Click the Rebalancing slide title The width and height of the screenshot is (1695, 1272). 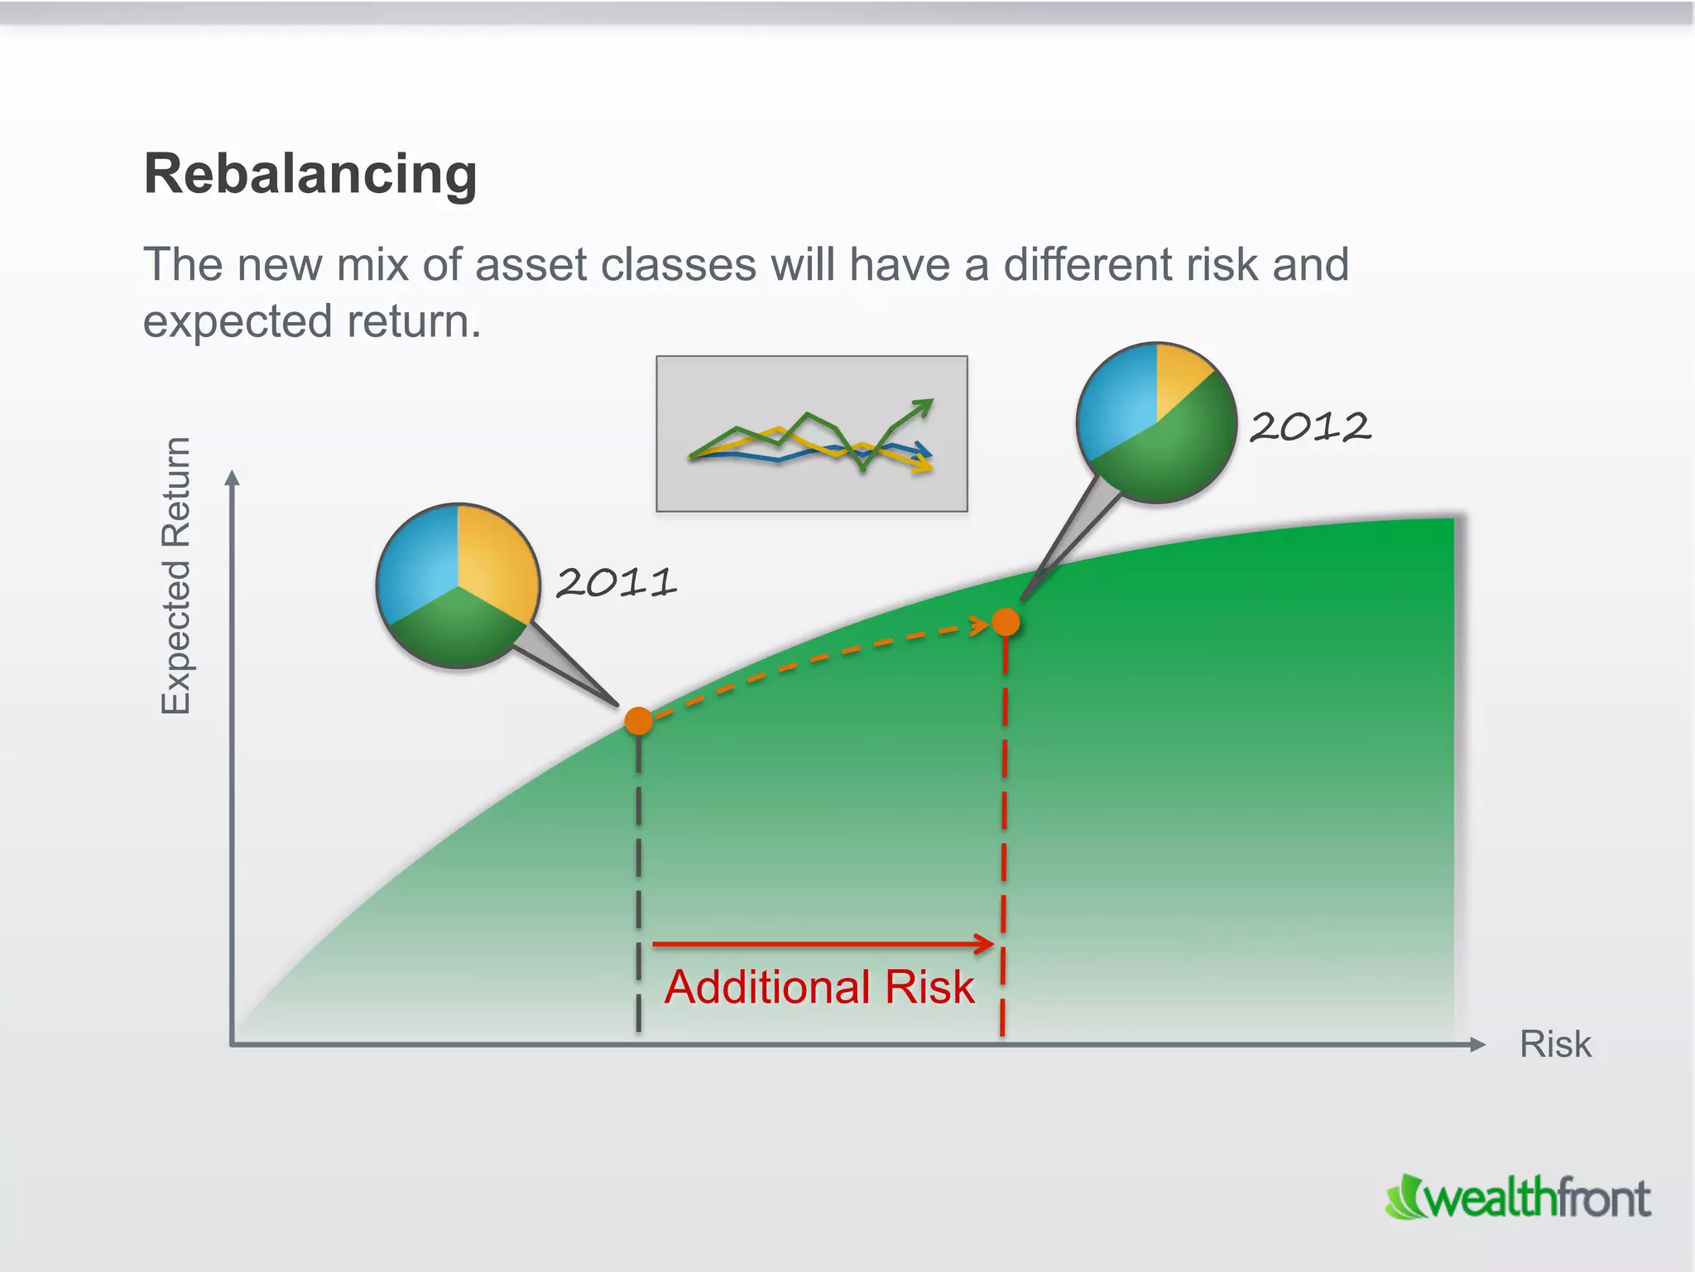(x=310, y=174)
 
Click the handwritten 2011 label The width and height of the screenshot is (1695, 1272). (x=616, y=582)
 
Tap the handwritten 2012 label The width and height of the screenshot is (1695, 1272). (x=1309, y=427)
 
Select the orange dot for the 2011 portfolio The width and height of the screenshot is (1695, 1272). (x=639, y=721)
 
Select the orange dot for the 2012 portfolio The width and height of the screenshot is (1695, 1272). (x=1006, y=621)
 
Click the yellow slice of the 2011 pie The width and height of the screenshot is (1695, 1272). (x=495, y=556)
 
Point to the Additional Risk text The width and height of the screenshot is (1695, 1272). (x=819, y=987)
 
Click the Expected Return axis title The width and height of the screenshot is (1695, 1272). (x=175, y=576)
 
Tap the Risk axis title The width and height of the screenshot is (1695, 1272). (x=1554, y=1044)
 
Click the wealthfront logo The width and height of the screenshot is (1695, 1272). (x=1519, y=1198)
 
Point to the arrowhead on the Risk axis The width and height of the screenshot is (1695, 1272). (x=1477, y=1045)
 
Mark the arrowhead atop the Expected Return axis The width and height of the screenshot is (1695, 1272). (x=233, y=479)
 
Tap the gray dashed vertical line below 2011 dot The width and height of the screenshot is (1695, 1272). (x=639, y=878)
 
